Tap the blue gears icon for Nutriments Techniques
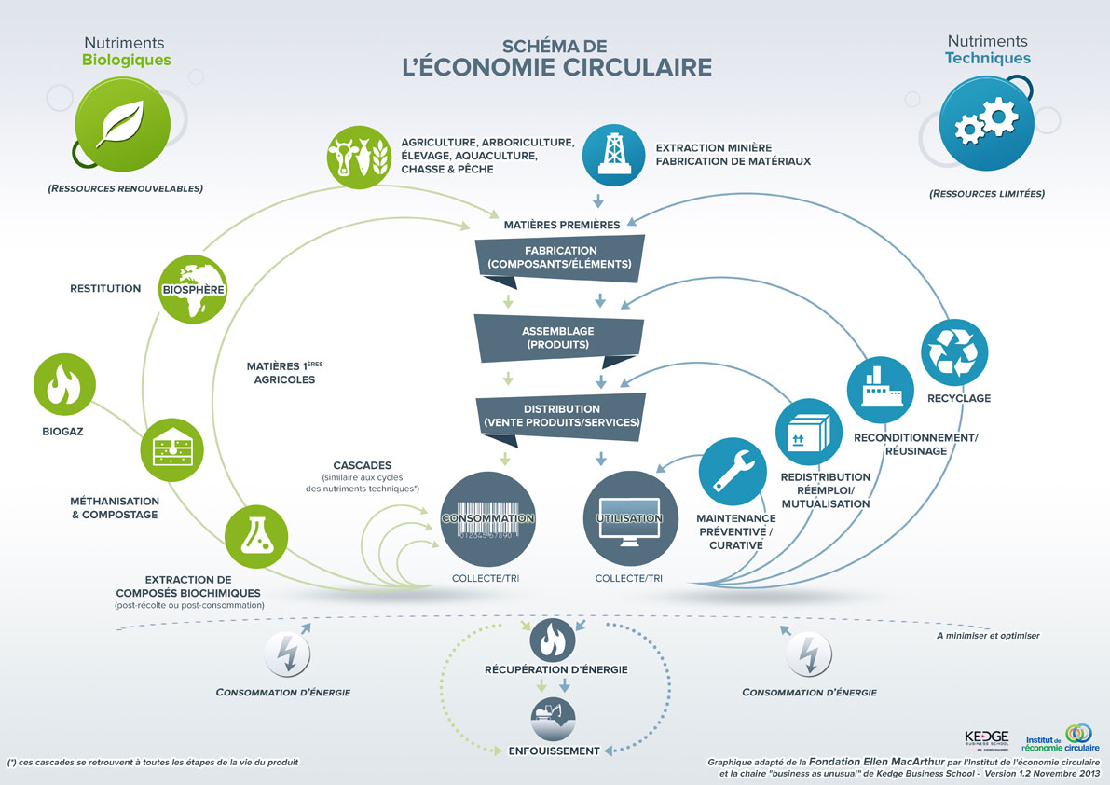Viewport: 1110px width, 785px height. point(987,124)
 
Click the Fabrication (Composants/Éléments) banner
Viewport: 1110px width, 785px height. point(559,257)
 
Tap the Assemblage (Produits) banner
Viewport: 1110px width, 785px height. point(558,337)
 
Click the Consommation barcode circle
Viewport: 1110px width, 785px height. point(488,520)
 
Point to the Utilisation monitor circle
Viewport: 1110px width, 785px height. point(629,520)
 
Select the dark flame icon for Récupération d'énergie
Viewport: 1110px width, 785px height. point(553,640)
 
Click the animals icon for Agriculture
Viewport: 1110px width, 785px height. point(359,155)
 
